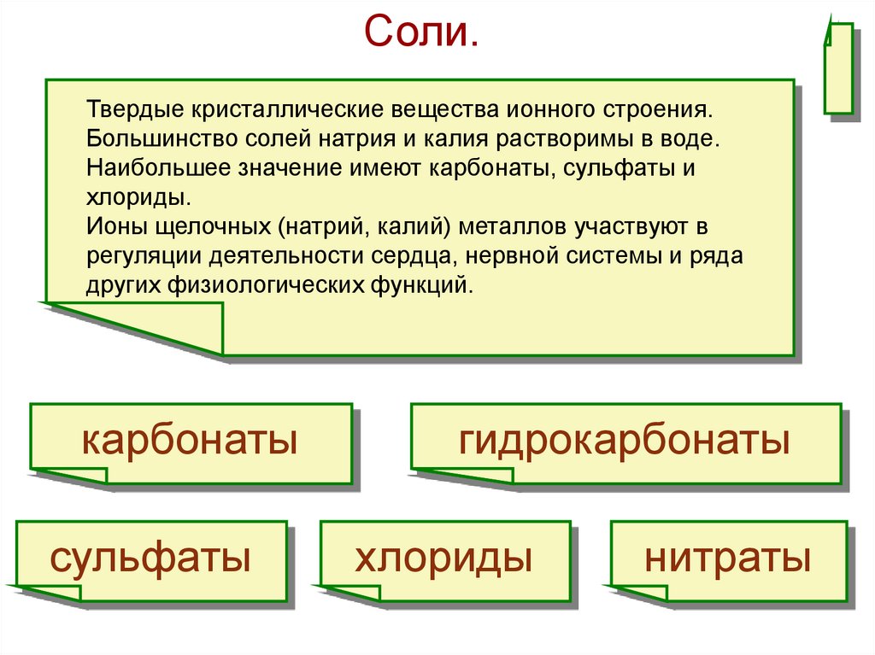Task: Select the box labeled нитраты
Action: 727,560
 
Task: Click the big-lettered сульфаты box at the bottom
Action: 150,560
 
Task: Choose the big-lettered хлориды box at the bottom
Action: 443,560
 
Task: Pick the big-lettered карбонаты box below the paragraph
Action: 190,442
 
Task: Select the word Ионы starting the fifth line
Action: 112,227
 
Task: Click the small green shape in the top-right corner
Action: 838,68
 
